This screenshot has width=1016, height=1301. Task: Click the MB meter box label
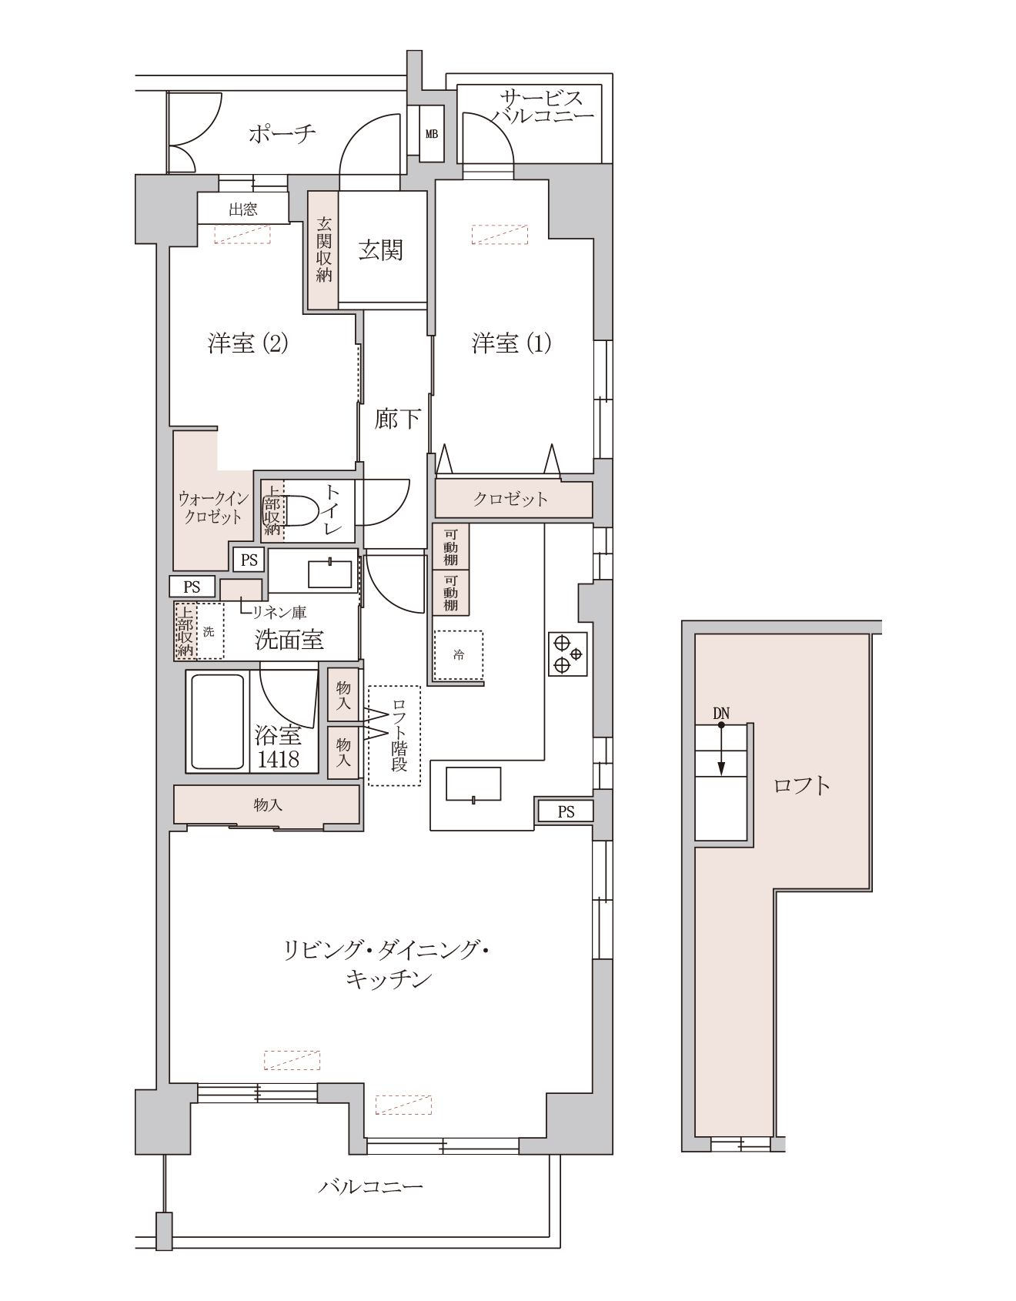click(432, 134)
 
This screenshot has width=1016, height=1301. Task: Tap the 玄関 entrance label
click(381, 250)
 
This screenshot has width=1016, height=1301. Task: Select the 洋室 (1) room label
click(511, 343)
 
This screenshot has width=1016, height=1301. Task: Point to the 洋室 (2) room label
click(248, 343)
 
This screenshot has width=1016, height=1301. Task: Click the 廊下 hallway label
click(397, 419)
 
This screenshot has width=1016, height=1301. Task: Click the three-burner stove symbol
click(568, 654)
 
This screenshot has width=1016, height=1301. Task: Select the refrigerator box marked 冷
click(459, 655)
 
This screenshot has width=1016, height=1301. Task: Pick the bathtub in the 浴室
click(218, 721)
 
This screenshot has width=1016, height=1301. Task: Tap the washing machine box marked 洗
click(209, 631)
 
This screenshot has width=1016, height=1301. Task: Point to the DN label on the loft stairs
click(720, 713)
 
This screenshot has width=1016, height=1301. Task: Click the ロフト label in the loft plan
click(801, 785)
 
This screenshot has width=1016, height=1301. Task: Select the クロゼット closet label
click(510, 500)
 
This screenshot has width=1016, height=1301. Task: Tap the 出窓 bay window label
click(242, 209)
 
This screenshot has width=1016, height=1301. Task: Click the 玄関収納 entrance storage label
click(323, 249)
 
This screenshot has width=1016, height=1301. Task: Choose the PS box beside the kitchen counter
click(566, 811)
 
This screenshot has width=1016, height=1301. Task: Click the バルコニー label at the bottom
click(371, 1186)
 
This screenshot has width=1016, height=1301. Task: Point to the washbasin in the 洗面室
click(329, 574)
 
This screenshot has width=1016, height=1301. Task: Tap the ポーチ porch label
click(282, 134)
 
